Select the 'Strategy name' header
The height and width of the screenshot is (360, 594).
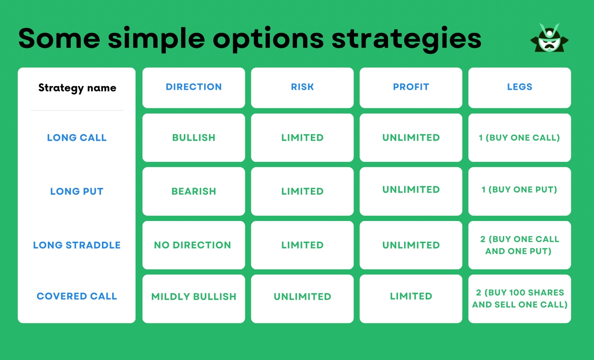click(77, 88)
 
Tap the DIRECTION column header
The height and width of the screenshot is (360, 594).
click(193, 87)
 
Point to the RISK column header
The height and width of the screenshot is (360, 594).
click(302, 87)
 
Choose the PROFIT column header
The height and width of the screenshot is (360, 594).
click(411, 87)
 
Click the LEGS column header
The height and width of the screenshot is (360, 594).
click(519, 87)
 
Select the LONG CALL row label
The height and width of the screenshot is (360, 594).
click(77, 138)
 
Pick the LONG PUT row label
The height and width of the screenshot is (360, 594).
click(77, 191)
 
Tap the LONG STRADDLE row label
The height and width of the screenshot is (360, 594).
click(77, 245)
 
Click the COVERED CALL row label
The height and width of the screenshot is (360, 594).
click(77, 297)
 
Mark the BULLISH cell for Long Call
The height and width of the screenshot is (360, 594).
click(193, 138)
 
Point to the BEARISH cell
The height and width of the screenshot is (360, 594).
click(193, 191)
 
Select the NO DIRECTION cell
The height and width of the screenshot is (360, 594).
click(193, 245)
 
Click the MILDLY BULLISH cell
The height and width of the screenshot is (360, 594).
click(193, 297)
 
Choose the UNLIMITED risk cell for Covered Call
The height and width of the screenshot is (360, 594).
click(302, 297)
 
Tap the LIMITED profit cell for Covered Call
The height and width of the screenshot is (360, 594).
click(411, 297)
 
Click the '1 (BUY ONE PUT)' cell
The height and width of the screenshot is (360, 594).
click(519, 189)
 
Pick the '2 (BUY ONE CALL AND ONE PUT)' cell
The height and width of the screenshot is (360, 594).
click(519, 245)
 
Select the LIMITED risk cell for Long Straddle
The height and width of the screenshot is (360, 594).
click(302, 245)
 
